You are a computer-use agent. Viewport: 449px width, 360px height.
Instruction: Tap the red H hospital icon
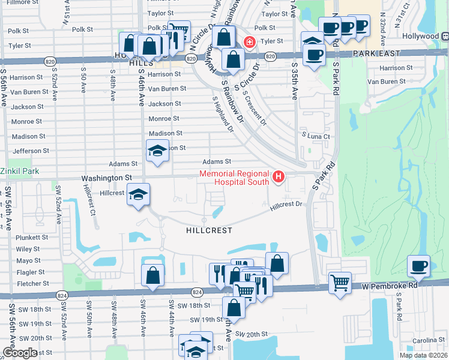pos(279,176)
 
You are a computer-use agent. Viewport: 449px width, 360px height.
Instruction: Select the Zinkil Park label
pos(19,171)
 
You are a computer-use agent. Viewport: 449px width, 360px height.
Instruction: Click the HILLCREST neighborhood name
pos(208,230)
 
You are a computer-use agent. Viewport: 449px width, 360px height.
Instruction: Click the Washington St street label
pos(106,178)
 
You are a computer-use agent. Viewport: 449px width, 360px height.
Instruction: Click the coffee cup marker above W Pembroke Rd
pos(418,266)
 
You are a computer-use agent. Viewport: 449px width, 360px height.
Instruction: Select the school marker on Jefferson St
pos(157,150)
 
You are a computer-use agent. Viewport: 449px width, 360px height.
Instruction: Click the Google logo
pos(20,353)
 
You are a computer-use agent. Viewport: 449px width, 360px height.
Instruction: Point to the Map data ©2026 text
pos(423,355)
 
